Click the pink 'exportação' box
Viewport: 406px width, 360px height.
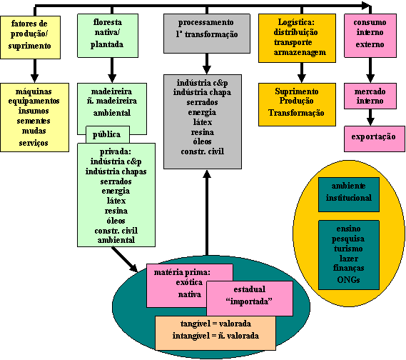pos(375,139)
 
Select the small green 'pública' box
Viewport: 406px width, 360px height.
pos(108,134)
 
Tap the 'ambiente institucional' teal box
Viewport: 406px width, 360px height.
pos(349,194)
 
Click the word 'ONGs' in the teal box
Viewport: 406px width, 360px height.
pos(348,280)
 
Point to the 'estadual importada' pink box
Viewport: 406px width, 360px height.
pos(250,299)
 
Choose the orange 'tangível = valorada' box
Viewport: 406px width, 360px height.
pos(215,333)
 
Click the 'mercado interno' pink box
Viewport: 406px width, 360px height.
pos(370,96)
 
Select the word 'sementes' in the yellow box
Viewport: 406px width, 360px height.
pos(34,121)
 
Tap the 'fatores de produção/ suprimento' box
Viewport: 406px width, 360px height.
pos(30,37)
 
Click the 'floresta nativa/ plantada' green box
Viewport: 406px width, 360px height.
pos(108,36)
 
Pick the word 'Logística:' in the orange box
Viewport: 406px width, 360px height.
pos(296,22)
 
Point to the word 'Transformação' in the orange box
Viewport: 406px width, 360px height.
pos(296,113)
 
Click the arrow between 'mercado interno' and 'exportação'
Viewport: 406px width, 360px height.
pos(370,117)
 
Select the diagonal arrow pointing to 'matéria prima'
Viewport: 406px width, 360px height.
pos(125,259)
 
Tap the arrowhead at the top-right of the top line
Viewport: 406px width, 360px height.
pos(367,6)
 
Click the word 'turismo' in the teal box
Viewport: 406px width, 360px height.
pos(348,249)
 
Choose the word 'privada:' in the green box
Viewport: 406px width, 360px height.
pos(116,151)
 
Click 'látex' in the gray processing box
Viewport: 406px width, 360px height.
pos(203,122)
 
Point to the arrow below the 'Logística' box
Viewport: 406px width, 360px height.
pos(302,73)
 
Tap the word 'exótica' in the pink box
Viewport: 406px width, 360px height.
pos(189,282)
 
